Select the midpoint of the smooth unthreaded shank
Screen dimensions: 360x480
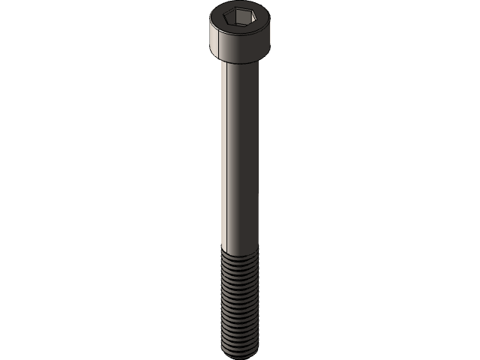[x=240, y=154]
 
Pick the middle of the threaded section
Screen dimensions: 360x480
[x=240, y=300]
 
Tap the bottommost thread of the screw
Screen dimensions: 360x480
[x=240, y=346]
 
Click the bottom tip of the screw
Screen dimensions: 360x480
[x=240, y=353]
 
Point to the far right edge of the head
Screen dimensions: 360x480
[x=272, y=34]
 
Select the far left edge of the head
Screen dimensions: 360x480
[x=208, y=34]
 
